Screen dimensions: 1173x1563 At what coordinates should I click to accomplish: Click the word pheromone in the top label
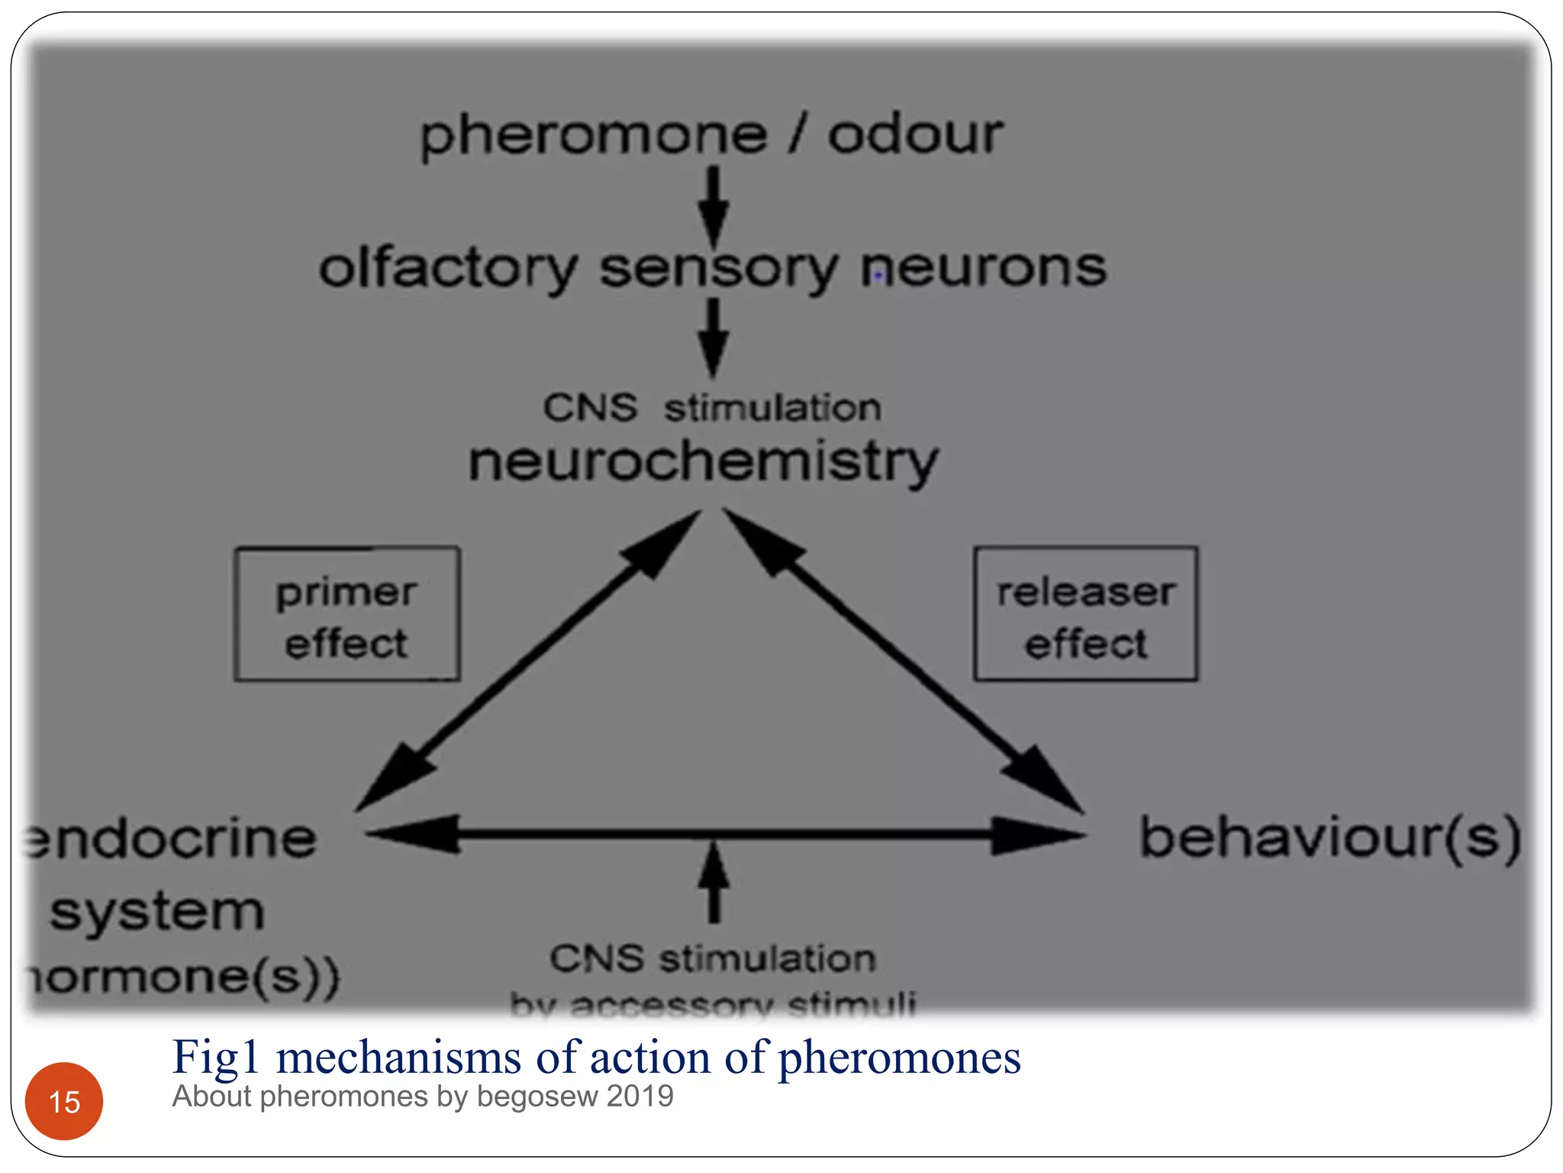[x=593, y=137]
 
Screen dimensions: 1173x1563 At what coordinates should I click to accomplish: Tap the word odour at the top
[x=915, y=135]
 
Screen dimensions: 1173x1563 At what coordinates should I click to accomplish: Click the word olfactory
[x=448, y=269]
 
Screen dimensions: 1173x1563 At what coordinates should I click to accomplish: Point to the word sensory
[x=718, y=269]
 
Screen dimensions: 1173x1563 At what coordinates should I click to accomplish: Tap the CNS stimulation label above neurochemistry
[x=711, y=407]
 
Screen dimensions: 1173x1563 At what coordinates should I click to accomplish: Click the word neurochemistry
[x=703, y=462]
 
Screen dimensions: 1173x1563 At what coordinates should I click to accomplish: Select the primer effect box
[x=347, y=614]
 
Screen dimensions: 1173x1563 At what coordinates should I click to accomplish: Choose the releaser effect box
[x=1085, y=614]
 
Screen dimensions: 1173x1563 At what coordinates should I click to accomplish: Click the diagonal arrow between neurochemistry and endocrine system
[x=527, y=661]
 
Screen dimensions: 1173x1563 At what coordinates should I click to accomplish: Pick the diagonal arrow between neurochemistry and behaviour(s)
[x=904, y=661]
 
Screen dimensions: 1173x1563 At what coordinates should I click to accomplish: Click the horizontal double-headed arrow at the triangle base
[x=725, y=834]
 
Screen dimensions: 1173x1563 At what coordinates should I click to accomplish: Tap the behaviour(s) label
[x=1329, y=838]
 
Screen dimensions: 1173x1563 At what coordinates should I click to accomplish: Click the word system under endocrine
[x=156, y=911]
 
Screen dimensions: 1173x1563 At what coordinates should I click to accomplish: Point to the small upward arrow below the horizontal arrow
[x=714, y=883]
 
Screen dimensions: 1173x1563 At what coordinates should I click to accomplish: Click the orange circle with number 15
[x=64, y=1100]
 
